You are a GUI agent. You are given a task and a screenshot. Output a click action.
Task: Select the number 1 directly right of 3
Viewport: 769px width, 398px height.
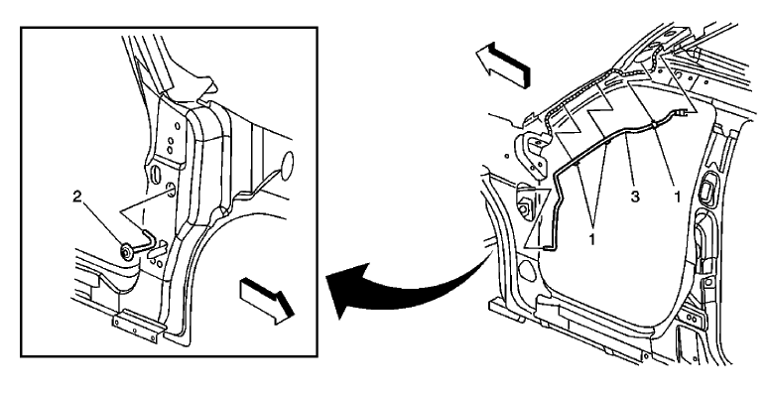(678, 198)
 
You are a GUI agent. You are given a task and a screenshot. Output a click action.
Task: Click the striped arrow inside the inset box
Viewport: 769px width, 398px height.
(266, 295)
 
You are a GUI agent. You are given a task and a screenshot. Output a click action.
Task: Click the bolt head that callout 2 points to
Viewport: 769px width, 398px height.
(128, 251)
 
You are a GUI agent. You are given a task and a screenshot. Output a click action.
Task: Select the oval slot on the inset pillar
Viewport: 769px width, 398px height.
(157, 175)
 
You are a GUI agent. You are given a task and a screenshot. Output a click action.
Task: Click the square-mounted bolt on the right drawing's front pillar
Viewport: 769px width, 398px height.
(522, 209)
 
